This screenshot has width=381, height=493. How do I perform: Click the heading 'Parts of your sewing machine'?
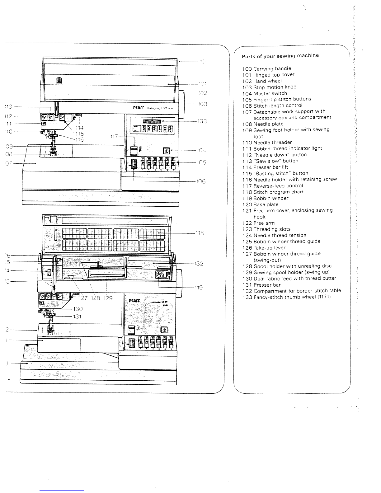[280, 56]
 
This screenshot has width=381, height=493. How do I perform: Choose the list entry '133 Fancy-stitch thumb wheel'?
[286, 297]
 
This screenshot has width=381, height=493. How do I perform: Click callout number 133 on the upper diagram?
[202, 121]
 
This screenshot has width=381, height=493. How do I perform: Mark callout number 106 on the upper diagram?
[201, 181]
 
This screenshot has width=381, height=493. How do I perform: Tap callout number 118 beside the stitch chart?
[200, 232]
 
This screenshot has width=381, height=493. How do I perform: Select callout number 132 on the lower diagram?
[199, 264]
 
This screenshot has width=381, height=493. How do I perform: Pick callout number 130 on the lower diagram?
[78, 309]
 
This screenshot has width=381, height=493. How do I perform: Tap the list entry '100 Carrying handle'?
[266, 68]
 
